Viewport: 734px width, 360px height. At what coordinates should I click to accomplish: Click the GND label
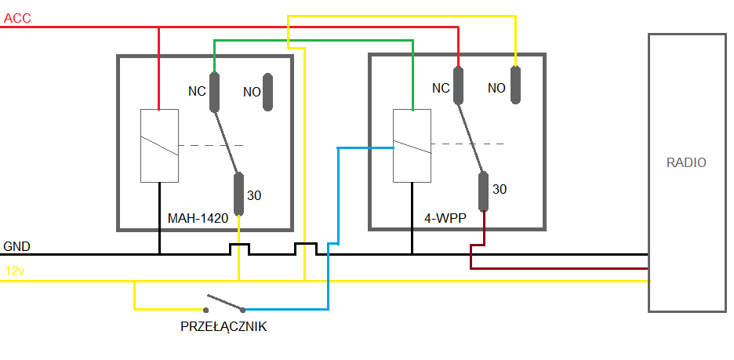tap(17, 245)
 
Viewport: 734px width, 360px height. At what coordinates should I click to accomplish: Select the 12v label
tap(16, 271)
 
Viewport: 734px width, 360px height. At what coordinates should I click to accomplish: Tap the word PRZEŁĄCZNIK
tap(223, 327)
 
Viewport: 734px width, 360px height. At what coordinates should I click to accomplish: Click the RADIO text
tap(686, 163)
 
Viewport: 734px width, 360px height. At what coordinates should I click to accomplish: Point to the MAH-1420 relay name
tap(198, 218)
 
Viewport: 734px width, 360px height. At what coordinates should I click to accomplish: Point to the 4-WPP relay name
tap(445, 218)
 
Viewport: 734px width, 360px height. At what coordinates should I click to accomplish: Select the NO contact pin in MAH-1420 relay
tap(268, 92)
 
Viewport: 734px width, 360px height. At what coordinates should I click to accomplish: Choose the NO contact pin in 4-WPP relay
tap(515, 85)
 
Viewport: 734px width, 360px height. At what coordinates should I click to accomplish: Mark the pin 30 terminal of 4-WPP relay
tap(484, 191)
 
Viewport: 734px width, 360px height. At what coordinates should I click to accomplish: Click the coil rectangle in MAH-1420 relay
tap(159, 146)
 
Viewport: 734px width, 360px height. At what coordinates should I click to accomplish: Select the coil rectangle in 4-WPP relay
tap(411, 146)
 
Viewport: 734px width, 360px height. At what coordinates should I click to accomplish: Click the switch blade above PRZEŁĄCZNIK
tap(226, 303)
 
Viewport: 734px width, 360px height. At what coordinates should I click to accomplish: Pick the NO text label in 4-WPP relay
tap(496, 88)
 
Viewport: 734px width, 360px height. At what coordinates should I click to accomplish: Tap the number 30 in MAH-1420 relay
tap(254, 195)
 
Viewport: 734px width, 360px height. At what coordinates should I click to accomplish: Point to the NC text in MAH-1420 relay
tap(197, 91)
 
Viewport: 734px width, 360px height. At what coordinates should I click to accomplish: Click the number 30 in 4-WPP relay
tap(500, 189)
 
